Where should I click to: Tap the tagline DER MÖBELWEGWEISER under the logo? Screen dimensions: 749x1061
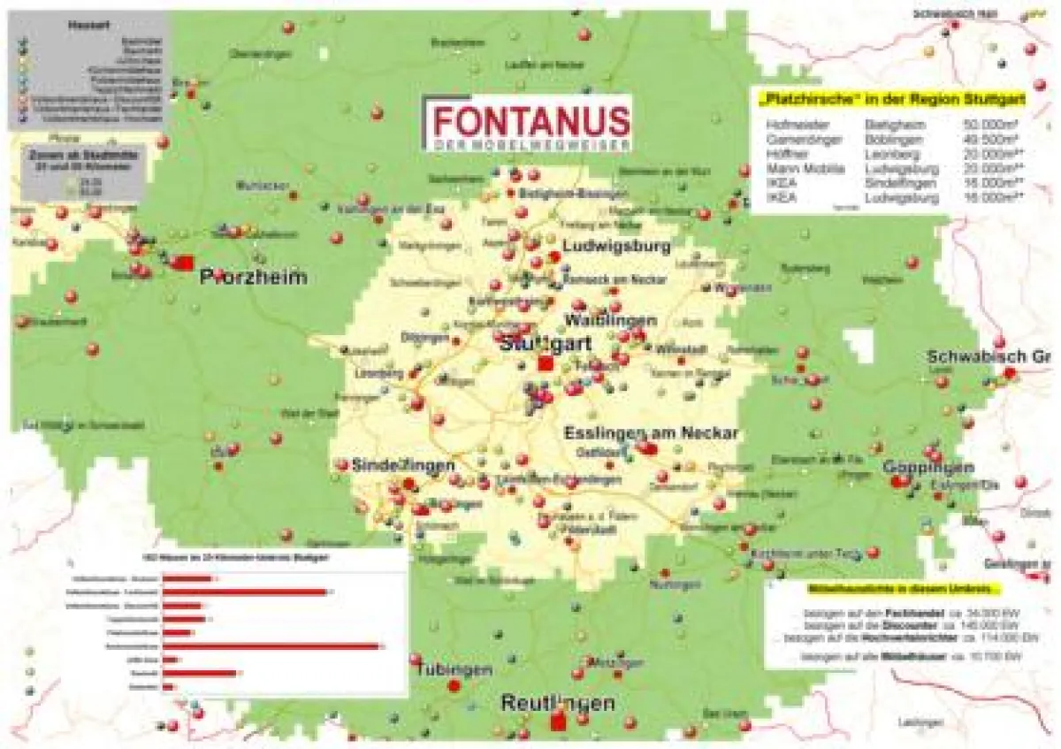click(529, 144)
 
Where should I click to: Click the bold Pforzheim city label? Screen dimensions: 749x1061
click(253, 278)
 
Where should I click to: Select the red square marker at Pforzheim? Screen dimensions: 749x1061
click(185, 263)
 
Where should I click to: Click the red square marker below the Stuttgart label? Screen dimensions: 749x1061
click(546, 363)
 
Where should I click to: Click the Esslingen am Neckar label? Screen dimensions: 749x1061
click(651, 433)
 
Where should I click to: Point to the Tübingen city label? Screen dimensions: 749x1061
click(454, 669)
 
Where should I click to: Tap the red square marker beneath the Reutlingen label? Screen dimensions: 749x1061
click(558, 723)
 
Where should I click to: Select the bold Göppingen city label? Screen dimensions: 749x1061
click(928, 467)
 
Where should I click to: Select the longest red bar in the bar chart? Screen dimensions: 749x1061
click(271, 646)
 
